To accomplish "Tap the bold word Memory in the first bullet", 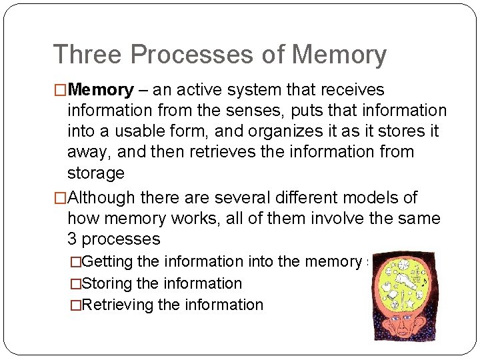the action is [x=101, y=89].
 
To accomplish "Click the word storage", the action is [x=96, y=173].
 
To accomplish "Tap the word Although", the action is [x=101, y=197].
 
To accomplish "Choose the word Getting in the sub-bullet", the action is [x=109, y=261].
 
